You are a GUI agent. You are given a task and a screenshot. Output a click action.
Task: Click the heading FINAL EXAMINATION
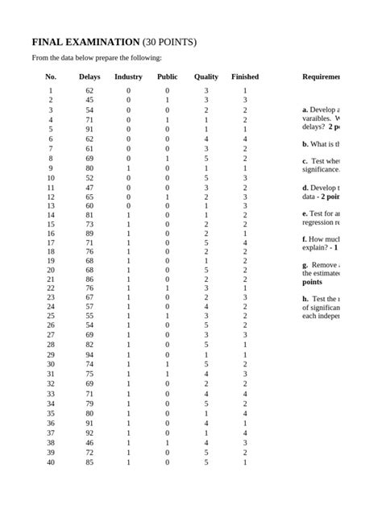(x=85, y=42)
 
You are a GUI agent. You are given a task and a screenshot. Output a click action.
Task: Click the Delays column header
(x=89, y=77)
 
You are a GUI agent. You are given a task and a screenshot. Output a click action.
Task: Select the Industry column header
(x=128, y=77)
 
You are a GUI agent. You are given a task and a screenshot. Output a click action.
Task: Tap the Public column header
(x=167, y=77)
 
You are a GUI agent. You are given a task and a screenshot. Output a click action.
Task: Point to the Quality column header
(x=206, y=77)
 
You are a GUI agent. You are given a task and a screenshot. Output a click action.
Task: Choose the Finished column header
(x=245, y=77)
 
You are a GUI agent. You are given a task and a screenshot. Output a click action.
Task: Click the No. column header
(x=51, y=77)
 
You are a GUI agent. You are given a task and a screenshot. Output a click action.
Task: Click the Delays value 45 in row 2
(x=89, y=101)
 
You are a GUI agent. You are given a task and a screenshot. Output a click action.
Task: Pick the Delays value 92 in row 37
(x=89, y=432)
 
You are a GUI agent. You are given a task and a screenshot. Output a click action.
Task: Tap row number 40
(x=51, y=462)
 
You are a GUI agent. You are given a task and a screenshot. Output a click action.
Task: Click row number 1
(x=51, y=91)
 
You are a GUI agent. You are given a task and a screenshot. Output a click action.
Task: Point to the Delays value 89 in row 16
(x=89, y=233)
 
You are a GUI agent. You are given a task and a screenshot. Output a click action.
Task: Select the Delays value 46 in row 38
(x=89, y=443)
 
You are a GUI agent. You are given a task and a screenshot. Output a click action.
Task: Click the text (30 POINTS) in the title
(x=169, y=42)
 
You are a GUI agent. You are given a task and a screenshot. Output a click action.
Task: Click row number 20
(x=51, y=270)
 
